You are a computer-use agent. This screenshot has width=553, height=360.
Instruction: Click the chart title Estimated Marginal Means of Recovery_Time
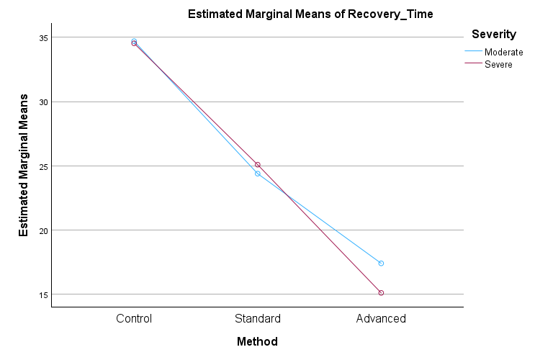pyautogui.click(x=310, y=14)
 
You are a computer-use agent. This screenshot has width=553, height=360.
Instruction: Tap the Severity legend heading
pyautogui.click(x=493, y=34)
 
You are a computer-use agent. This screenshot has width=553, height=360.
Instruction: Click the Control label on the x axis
pyautogui.click(x=134, y=318)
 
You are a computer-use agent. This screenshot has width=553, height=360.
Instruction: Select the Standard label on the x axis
pyautogui.click(x=257, y=318)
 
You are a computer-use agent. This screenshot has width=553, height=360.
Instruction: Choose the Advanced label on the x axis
pyautogui.click(x=381, y=318)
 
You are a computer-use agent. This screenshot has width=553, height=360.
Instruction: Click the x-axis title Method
pyautogui.click(x=257, y=341)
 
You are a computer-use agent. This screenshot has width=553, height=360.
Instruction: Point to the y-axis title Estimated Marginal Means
pyautogui.click(x=24, y=165)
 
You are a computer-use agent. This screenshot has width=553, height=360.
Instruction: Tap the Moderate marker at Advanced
pyautogui.click(x=381, y=264)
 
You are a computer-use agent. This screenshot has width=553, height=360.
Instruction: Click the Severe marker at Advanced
pyautogui.click(x=381, y=293)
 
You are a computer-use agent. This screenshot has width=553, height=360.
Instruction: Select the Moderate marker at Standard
pyautogui.click(x=257, y=174)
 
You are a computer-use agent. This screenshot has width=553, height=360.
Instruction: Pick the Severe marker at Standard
pyautogui.click(x=257, y=165)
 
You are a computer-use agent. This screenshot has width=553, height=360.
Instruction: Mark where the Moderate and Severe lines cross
pyautogui.click(x=287, y=194)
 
